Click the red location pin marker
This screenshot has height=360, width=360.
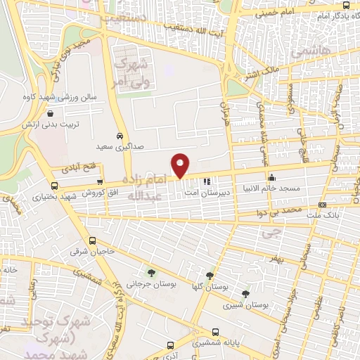pyautogui.click(x=181, y=165)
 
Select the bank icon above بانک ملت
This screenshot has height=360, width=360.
pyautogui.click(x=322, y=205)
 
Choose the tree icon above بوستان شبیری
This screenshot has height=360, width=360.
pyautogui.click(x=245, y=293)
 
